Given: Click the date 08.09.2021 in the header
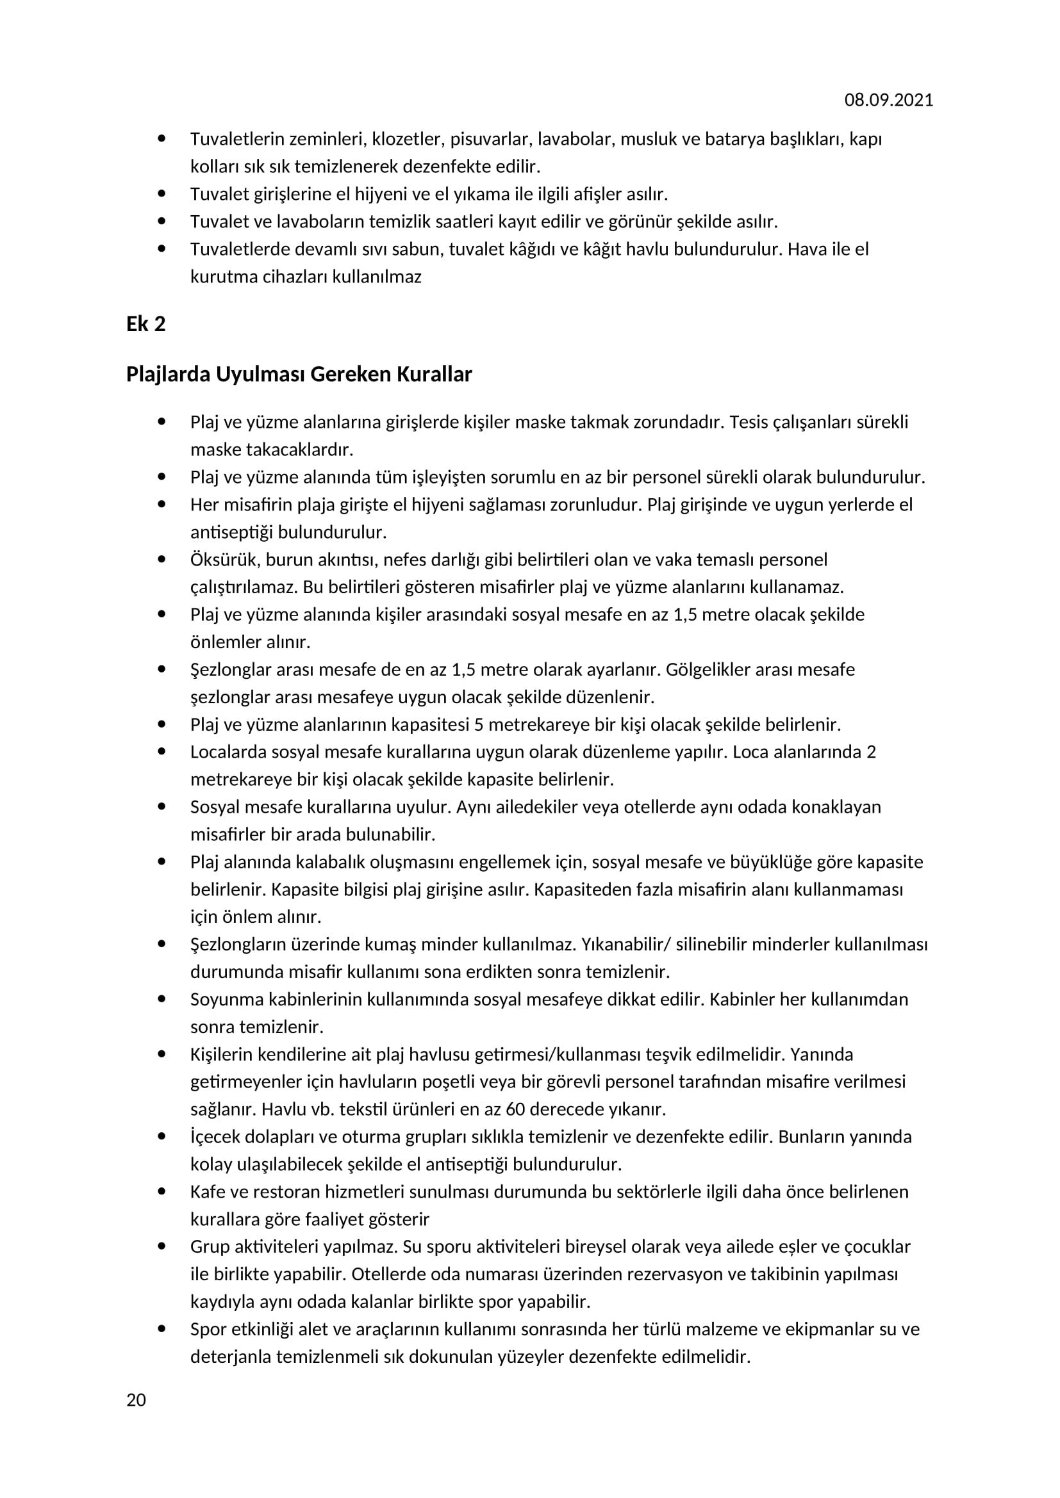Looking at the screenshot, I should [x=888, y=100].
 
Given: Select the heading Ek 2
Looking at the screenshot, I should [x=145, y=324].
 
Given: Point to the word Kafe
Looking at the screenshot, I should [x=206, y=1192].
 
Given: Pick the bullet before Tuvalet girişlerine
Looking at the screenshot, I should [x=162, y=194].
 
